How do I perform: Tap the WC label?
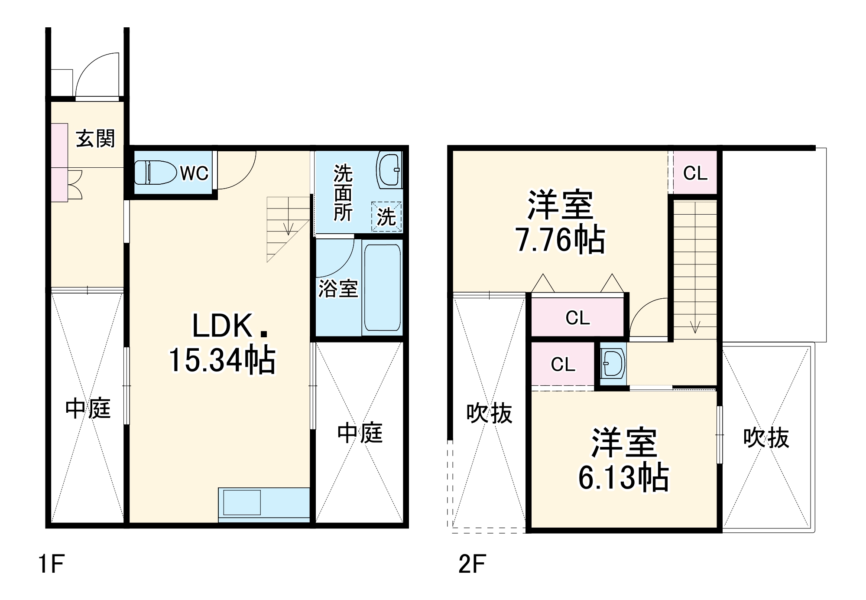click(194, 173)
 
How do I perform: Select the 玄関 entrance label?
click(96, 139)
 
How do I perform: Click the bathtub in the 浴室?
click(382, 287)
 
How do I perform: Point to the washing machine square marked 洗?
click(386, 216)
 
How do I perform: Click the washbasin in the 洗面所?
click(389, 170)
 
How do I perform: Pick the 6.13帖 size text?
click(623, 478)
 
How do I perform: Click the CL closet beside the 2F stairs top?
click(695, 173)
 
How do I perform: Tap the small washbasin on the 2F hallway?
click(613, 363)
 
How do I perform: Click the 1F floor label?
click(52, 564)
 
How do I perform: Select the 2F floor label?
click(472, 564)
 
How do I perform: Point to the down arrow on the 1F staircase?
click(289, 228)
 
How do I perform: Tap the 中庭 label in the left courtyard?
click(88, 409)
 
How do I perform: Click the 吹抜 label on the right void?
click(766, 438)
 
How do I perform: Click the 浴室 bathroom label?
click(338, 289)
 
